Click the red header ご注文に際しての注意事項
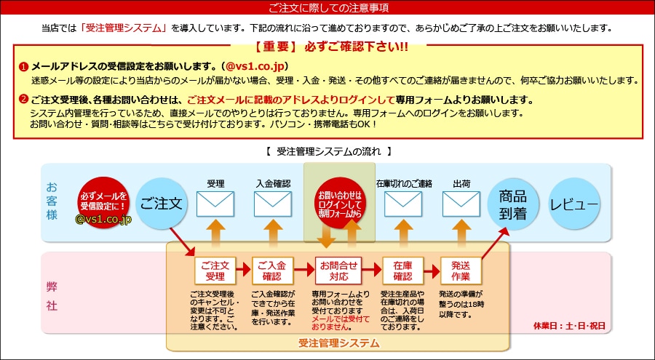point(327,8)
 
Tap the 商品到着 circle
point(512,203)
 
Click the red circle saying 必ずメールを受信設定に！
point(103,198)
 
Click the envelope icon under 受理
point(215,204)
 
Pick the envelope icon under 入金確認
point(272,204)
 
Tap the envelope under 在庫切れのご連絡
point(402,204)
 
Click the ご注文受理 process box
point(215,271)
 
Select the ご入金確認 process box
point(272,271)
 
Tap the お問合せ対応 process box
point(338,271)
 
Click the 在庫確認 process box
point(402,271)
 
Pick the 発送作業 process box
point(460,271)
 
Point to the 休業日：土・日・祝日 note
point(568,326)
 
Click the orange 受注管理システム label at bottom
point(338,343)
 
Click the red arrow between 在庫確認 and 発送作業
point(432,271)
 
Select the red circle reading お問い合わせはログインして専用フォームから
point(339,203)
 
